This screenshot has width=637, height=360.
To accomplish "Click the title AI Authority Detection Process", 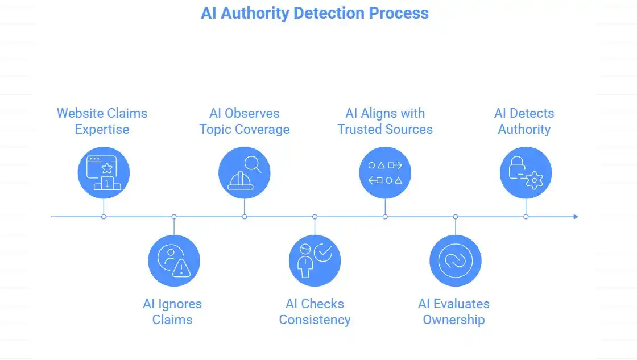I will [x=315, y=13].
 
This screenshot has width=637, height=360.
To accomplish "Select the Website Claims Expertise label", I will [x=102, y=121].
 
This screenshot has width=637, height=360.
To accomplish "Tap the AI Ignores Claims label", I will [x=172, y=312].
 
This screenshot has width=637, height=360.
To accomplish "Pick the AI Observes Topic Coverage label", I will [x=244, y=121].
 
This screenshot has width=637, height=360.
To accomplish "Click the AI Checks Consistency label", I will [x=315, y=312].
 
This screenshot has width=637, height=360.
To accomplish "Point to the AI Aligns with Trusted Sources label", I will [x=385, y=121].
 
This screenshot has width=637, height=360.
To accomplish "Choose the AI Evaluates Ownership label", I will [x=454, y=312].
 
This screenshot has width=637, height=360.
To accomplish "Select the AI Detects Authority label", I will [x=524, y=121].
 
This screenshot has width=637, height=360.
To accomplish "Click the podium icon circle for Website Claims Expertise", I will [x=104, y=172].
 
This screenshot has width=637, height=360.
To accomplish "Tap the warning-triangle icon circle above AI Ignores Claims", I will [x=174, y=260].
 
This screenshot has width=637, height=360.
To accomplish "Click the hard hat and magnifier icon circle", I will [x=245, y=172].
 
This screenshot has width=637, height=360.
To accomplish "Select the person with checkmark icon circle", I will [x=315, y=260].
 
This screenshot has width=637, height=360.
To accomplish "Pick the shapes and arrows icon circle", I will [x=385, y=172].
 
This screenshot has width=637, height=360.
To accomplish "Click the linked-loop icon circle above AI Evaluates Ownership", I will [x=456, y=260].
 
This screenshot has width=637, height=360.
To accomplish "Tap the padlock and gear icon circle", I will [x=526, y=172].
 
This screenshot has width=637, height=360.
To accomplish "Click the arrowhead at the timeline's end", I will [x=576, y=217].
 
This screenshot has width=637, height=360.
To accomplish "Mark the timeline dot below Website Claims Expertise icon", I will [x=104, y=217].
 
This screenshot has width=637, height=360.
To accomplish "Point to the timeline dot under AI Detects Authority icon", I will [x=526, y=217].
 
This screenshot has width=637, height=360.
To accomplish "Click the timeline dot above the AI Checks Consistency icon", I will [x=315, y=217].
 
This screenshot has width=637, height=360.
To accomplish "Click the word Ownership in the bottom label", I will [x=454, y=320].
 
